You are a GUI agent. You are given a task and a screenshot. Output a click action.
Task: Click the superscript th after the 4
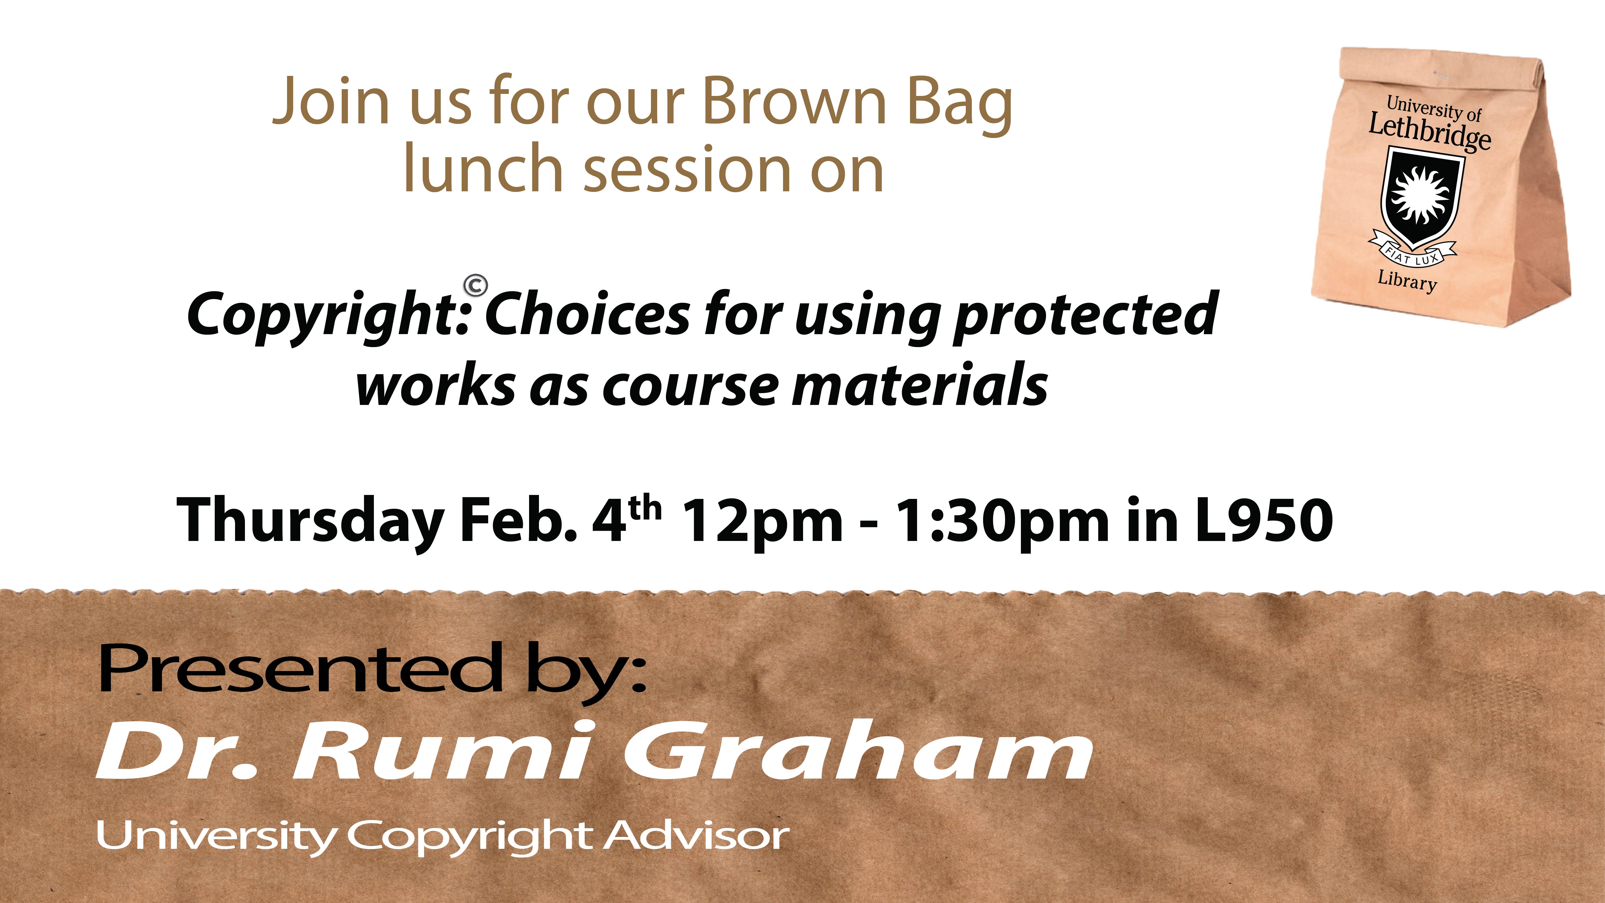pos(645,508)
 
